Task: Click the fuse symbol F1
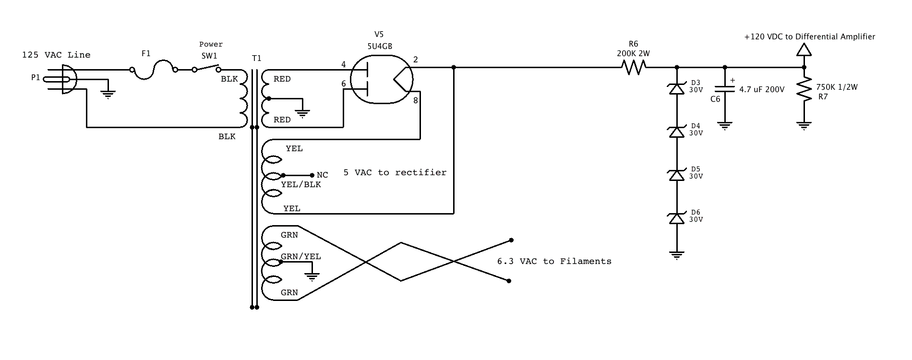click(154, 69)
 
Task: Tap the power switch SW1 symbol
click(206, 68)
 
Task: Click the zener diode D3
click(677, 89)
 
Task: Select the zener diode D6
click(677, 218)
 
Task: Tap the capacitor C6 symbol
click(725, 89)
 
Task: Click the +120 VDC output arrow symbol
click(804, 49)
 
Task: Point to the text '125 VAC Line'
click(56, 55)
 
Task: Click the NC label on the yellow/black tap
click(323, 175)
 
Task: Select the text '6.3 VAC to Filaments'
click(554, 261)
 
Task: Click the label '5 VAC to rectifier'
click(395, 172)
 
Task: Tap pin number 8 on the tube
click(415, 100)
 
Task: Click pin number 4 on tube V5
click(344, 64)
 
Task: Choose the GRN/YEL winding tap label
click(301, 256)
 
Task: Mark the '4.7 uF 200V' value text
click(762, 89)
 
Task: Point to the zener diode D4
click(677, 132)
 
